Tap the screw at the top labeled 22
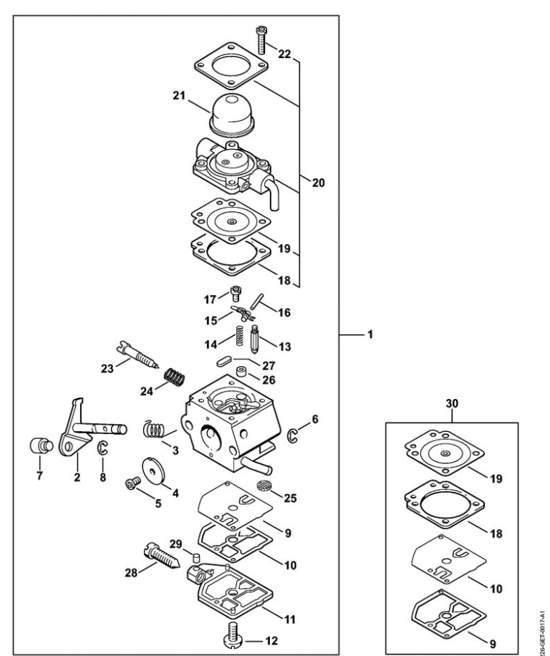coord(261,39)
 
